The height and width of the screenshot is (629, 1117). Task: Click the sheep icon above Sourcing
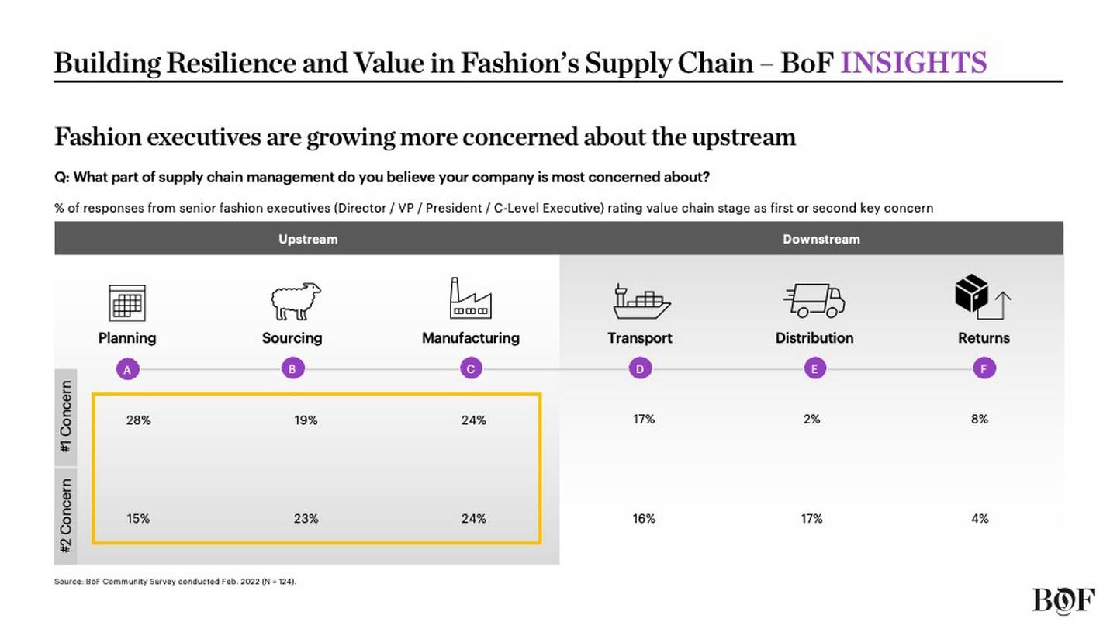click(x=295, y=301)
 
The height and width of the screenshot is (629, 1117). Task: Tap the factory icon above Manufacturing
click(x=470, y=299)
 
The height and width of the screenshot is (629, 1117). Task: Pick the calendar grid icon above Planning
click(x=127, y=302)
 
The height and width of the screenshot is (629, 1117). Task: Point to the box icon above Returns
click(x=981, y=296)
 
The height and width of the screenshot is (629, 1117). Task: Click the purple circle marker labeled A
click(x=127, y=370)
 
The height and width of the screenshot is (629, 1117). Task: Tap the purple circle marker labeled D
click(x=640, y=369)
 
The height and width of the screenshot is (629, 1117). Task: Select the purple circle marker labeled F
click(x=984, y=369)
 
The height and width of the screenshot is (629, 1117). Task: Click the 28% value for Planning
click(x=138, y=420)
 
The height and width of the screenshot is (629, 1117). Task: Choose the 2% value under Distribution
click(x=811, y=419)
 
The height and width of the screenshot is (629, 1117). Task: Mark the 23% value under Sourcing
click(x=306, y=519)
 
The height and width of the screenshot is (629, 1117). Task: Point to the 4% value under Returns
click(x=980, y=518)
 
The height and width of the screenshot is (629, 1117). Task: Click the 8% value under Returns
click(x=980, y=419)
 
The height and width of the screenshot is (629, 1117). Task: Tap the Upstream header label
click(x=308, y=239)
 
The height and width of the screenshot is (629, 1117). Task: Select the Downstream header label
click(x=821, y=239)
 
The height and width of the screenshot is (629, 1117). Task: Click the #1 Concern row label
click(x=66, y=418)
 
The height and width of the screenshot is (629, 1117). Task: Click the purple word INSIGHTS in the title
click(x=913, y=63)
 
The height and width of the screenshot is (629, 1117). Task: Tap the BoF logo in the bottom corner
click(x=1063, y=600)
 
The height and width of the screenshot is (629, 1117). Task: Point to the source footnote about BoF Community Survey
click(x=175, y=581)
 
